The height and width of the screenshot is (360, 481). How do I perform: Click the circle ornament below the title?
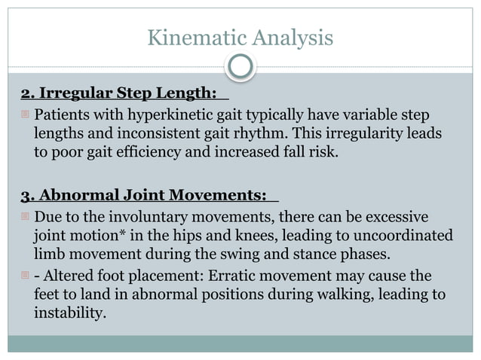point(240,67)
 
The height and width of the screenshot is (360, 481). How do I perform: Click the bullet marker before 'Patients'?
point(25,117)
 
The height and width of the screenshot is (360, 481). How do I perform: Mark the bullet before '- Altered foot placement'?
point(25,277)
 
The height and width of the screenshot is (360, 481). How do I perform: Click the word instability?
point(68,311)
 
